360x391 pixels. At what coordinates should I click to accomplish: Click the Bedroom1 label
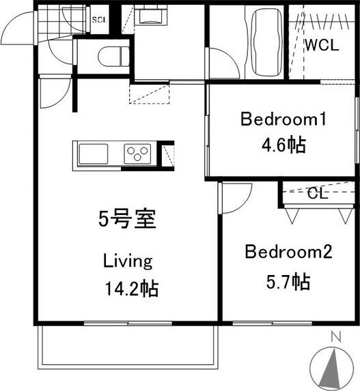pyautogui.click(x=282, y=120)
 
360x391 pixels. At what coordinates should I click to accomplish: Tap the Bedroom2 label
pyautogui.click(x=288, y=252)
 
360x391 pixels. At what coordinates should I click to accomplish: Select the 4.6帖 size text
pyautogui.click(x=282, y=145)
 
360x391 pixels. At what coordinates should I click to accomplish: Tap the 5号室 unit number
pyautogui.click(x=128, y=220)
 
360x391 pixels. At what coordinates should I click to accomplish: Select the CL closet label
pyautogui.click(x=316, y=192)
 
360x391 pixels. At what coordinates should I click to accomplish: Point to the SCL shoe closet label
pyautogui.click(x=99, y=20)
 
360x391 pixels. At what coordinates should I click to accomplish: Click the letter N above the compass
pyautogui.click(x=335, y=336)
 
